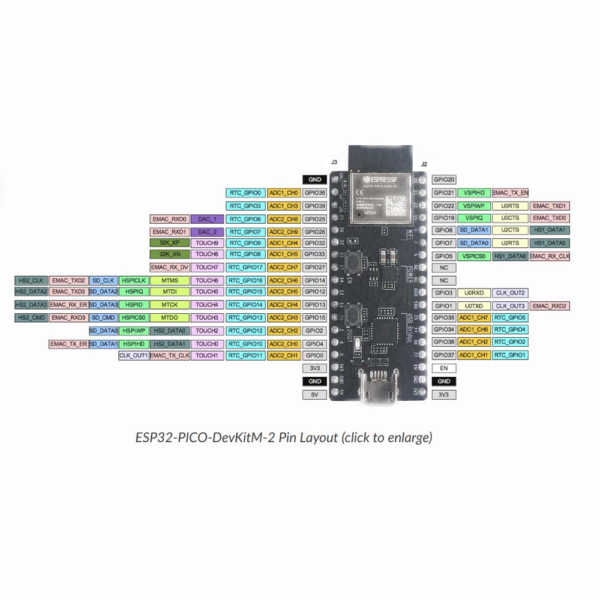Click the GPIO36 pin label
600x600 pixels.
(314, 193)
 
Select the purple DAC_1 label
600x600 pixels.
(207, 220)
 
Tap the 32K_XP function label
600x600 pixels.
(169, 243)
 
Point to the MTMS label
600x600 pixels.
(169, 280)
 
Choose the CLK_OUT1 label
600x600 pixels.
(133, 355)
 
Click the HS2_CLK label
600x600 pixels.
(31, 280)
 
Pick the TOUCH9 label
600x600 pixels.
(207, 243)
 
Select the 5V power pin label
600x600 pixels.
(314, 394)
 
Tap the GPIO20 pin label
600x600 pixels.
(444, 179)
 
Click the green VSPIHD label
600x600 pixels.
(473, 193)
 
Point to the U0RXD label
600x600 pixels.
(473, 293)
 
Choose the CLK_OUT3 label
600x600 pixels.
(510, 306)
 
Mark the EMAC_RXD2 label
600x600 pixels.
(550, 306)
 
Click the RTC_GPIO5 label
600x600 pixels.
(510, 317)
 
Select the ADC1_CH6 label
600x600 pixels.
(473, 329)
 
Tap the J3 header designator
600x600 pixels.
(334, 163)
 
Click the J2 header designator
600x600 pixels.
(424, 164)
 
